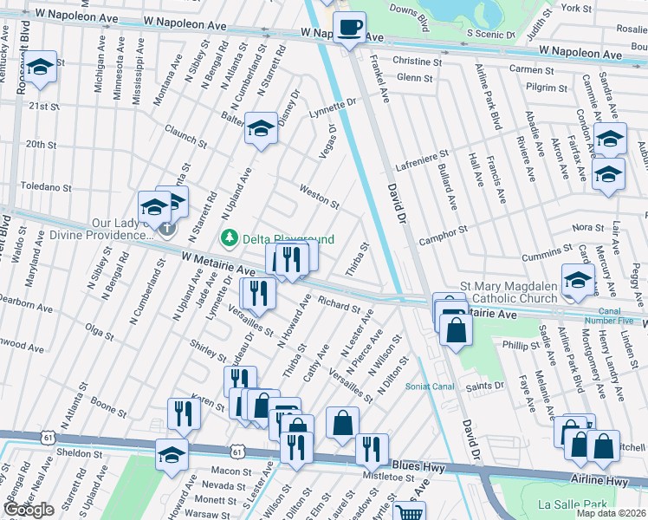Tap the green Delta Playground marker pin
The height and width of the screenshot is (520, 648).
coord(230,237)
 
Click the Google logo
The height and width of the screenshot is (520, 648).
coord(29,510)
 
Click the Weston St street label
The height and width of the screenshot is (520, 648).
coord(319,195)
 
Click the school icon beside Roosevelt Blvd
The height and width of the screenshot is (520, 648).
coord(40,68)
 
